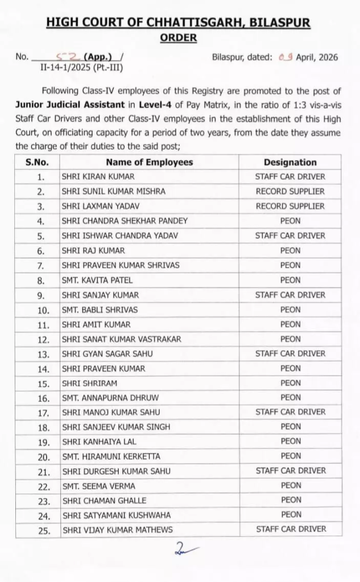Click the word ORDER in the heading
(x=178, y=38)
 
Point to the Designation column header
(x=290, y=162)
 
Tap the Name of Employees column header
(x=149, y=162)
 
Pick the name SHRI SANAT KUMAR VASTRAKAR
(x=121, y=339)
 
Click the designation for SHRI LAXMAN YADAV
(x=290, y=206)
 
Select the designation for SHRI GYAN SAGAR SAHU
(x=290, y=354)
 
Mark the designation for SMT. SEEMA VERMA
(x=291, y=485)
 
